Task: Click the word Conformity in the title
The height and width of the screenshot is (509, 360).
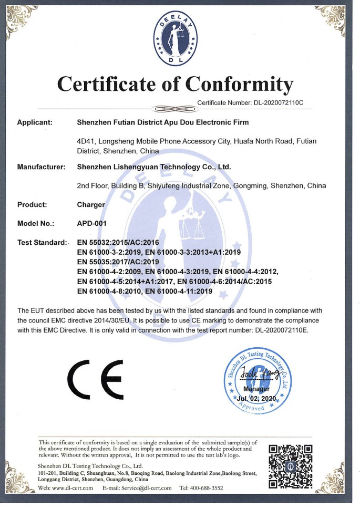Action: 240,84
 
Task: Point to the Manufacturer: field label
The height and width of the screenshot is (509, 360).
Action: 41,167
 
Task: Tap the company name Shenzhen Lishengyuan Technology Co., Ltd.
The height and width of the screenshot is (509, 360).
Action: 154,167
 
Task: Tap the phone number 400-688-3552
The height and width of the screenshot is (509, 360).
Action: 207,488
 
